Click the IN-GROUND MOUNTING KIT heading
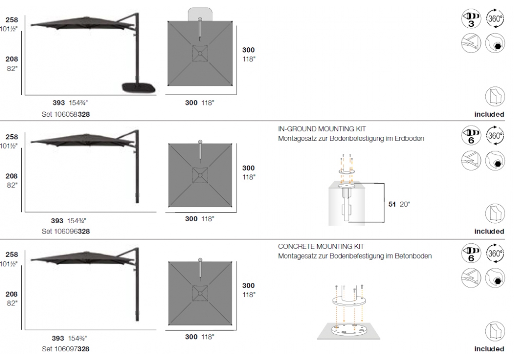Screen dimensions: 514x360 click(x=322, y=129)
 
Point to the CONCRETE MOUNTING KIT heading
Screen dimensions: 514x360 click(x=321, y=246)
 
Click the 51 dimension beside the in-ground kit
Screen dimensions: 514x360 click(x=392, y=204)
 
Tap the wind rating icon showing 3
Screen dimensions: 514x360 click(x=471, y=19)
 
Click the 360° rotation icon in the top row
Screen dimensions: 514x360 click(x=494, y=19)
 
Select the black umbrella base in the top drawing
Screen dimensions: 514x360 click(x=138, y=87)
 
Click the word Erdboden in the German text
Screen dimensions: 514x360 click(x=409, y=138)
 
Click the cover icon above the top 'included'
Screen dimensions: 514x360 click(x=494, y=96)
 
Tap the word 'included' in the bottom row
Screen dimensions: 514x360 click(x=489, y=349)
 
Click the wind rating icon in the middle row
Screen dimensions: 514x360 click(x=471, y=136)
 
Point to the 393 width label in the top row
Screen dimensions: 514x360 click(x=59, y=103)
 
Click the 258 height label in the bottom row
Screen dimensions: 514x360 click(x=11, y=255)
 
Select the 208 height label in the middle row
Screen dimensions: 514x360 click(x=11, y=176)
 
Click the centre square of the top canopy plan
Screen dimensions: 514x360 click(x=200, y=53)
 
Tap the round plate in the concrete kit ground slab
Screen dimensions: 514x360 click(x=348, y=330)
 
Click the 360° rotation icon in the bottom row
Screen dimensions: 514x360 click(x=494, y=253)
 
